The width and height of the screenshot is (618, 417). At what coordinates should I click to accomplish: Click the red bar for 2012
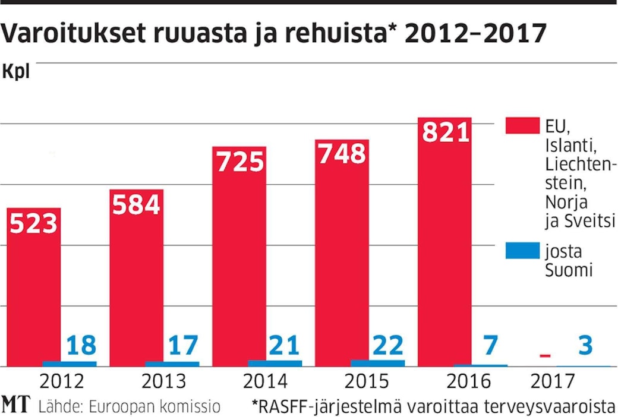pyautogui.click(x=33, y=285)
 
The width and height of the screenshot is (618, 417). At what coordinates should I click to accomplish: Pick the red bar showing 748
pyautogui.click(x=342, y=249)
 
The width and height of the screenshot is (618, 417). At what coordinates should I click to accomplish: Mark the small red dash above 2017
pyautogui.click(x=546, y=356)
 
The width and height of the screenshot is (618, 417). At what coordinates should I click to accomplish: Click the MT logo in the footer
pyautogui.click(x=16, y=406)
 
